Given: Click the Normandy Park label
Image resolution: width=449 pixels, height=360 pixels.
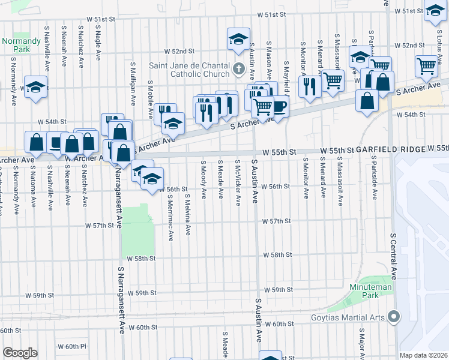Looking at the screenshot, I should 21,45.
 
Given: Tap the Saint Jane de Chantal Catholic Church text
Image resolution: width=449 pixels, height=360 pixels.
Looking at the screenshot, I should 192,70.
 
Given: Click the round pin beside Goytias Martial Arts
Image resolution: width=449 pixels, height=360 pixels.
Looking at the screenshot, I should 394,316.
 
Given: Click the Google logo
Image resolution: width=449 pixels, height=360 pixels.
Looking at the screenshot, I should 20,352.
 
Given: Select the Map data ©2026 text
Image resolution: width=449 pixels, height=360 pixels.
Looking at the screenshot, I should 424,355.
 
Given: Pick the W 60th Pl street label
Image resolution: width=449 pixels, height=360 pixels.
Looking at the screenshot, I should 72,347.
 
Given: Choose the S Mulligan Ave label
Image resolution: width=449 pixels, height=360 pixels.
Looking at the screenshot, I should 133,76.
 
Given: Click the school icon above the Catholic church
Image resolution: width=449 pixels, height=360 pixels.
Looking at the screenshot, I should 238,40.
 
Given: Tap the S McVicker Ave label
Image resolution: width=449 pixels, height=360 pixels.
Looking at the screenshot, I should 238,182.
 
